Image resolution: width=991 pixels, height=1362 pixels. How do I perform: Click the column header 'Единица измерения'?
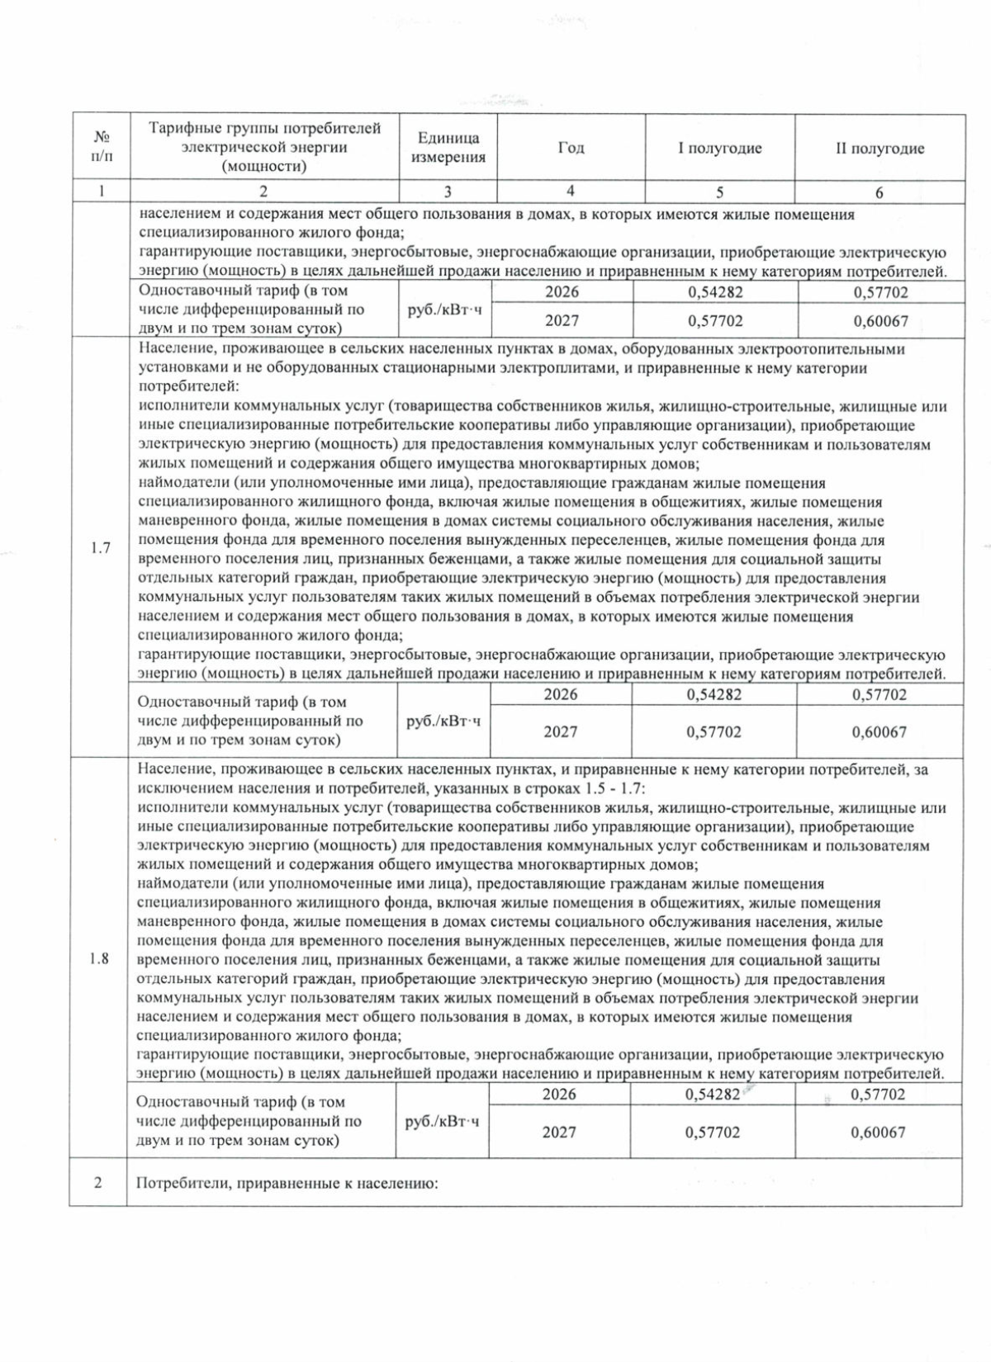click(448, 148)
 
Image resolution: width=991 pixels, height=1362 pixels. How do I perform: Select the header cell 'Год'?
click(571, 148)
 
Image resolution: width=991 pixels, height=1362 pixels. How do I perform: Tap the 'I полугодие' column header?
click(719, 149)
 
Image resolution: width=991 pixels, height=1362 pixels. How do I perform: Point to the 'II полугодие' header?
click(880, 149)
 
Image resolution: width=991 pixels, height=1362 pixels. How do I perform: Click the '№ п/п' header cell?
click(101, 146)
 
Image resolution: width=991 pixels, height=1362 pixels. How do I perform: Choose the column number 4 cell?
click(571, 192)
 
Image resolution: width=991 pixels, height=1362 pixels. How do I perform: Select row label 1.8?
click(99, 959)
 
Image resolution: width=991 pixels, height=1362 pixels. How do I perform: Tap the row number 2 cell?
click(98, 1182)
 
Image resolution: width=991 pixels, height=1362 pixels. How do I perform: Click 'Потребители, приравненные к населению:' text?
click(286, 1183)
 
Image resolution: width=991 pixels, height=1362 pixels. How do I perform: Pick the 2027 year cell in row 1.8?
click(559, 1132)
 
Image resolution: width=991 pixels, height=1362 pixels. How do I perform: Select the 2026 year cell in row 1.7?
click(561, 694)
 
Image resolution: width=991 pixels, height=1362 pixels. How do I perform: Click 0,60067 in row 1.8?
click(878, 1132)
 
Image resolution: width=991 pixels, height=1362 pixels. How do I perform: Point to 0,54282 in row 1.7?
click(714, 694)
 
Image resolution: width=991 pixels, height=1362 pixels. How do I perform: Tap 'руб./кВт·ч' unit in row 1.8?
click(443, 1121)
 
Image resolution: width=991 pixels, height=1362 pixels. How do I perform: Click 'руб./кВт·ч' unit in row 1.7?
click(444, 721)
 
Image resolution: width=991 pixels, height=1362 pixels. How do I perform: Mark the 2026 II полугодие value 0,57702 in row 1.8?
click(878, 1094)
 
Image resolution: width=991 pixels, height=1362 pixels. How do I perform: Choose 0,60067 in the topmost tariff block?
click(880, 320)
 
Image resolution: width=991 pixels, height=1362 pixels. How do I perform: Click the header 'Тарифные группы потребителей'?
click(264, 129)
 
